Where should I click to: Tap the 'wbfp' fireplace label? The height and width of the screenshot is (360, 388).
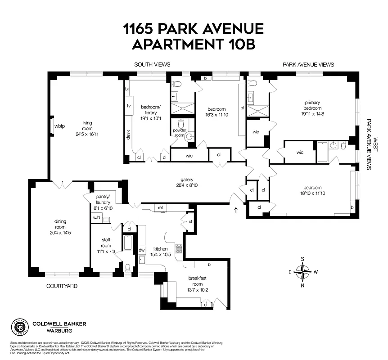(x=59, y=126)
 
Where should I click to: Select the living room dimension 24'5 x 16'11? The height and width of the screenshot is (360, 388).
(x=87, y=134)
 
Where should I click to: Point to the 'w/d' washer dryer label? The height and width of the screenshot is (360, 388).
(x=96, y=218)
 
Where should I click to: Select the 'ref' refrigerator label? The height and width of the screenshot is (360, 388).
(x=160, y=207)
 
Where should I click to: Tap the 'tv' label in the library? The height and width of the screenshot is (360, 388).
(x=129, y=106)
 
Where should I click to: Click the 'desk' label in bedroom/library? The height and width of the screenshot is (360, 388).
(x=128, y=135)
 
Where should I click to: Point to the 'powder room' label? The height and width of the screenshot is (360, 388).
(x=180, y=133)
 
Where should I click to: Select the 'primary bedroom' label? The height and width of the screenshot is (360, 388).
(x=311, y=105)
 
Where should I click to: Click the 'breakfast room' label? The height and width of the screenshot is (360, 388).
(x=197, y=281)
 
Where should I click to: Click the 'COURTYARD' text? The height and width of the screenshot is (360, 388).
(x=62, y=286)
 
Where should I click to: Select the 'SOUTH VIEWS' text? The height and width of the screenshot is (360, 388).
(x=152, y=65)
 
